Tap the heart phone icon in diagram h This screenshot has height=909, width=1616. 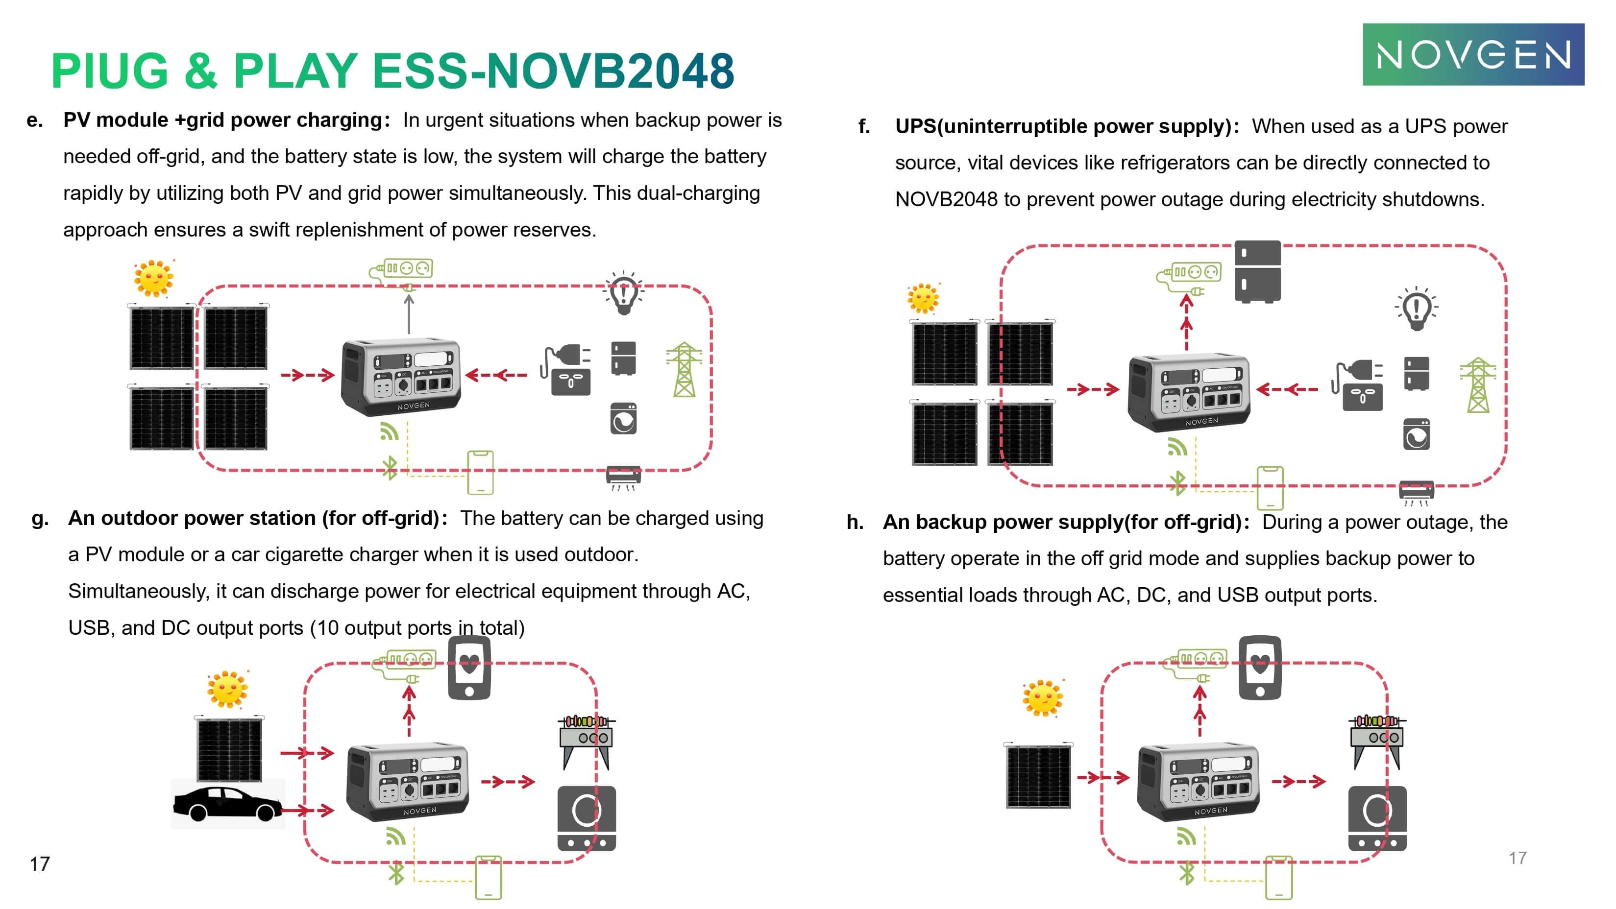pyautogui.click(x=1260, y=667)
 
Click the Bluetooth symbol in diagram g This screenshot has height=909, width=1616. pyautogui.click(x=396, y=873)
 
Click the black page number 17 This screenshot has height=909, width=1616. pyautogui.click(x=40, y=864)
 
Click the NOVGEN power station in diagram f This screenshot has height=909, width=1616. pyautogui.click(x=1189, y=392)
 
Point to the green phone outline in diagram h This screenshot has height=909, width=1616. pyautogui.click(x=1278, y=876)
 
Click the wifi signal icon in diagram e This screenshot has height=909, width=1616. pyautogui.click(x=389, y=431)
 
